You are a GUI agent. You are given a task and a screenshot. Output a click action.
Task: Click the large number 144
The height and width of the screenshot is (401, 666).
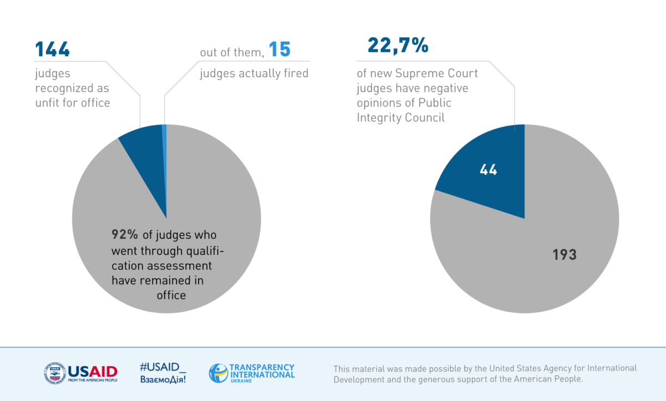(53, 50)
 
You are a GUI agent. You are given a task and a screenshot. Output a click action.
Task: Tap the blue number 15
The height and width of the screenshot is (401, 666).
(280, 50)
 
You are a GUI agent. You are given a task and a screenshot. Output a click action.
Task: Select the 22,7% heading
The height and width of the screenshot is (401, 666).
(398, 45)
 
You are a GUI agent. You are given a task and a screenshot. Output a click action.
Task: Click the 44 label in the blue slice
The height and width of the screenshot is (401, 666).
(488, 170)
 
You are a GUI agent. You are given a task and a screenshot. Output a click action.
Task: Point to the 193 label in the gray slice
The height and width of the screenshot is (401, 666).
(564, 255)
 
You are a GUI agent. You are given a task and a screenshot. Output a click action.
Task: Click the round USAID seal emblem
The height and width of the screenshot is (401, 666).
(54, 373)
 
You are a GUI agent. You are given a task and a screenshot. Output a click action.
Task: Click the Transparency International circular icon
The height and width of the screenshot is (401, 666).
(218, 373)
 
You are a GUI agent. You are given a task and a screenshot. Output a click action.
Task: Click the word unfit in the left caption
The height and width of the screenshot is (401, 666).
(49, 103)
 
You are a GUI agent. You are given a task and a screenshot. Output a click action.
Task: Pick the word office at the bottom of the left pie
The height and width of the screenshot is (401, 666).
(171, 295)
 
